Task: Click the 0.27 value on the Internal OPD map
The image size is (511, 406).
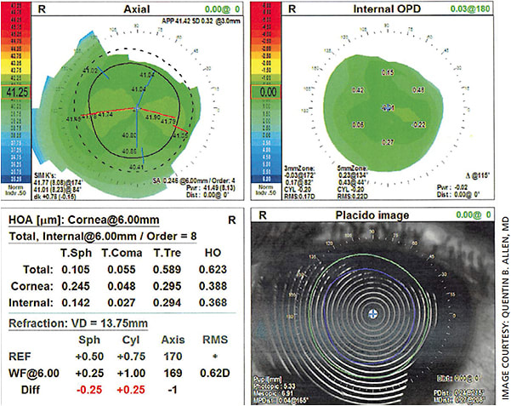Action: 387,140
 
